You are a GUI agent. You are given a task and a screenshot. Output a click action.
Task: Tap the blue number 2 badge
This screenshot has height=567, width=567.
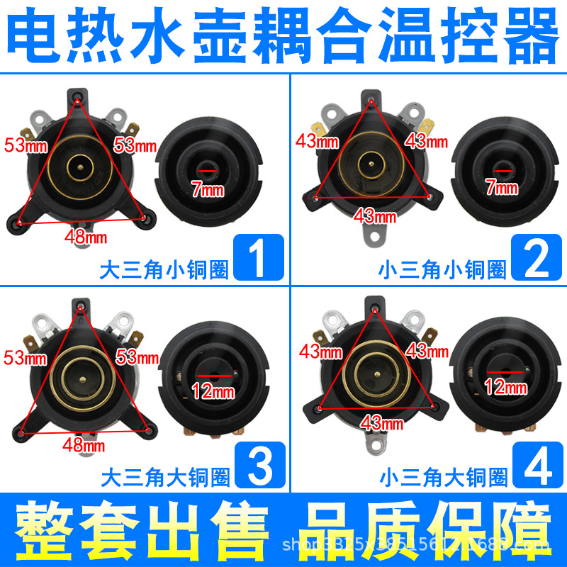(x=537, y=257)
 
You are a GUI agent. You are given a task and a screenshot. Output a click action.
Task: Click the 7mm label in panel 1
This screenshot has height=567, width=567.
(x=207, y=189)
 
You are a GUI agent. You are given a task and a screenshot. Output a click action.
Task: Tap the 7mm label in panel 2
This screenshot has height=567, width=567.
(x=502, y=188)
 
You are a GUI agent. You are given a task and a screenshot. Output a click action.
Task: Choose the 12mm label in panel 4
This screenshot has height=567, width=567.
(x=506, y=386)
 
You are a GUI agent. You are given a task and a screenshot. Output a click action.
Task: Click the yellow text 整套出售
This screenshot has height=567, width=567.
(x=142, y=527)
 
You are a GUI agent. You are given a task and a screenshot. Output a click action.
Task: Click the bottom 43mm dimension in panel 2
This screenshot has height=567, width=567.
(x=374, y=215)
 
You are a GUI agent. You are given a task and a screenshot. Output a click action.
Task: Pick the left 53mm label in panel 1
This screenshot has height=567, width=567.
(x=23, y=146)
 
